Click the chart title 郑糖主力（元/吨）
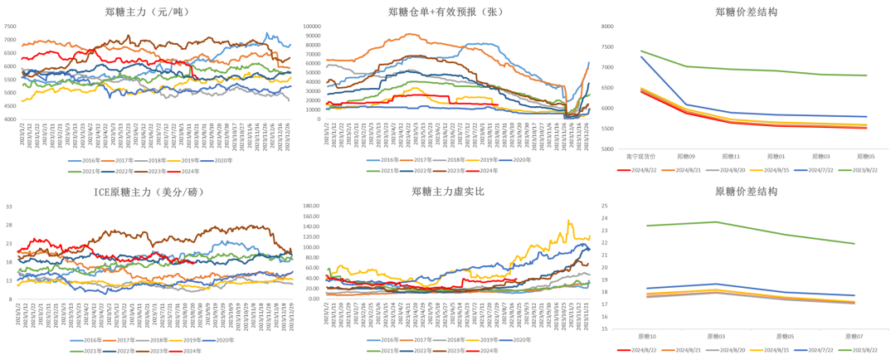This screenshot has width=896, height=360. click(x=146, y=12)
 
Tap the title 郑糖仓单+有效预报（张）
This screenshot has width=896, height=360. click(x=446, y=12)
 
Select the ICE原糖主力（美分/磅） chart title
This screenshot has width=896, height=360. click(x=147, y=192)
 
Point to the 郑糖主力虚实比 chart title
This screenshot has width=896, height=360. click(x=446, y=192)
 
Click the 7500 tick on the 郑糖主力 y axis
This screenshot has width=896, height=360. click(x=10, y=26)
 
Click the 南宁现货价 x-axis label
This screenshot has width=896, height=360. click(x=640, y=155)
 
